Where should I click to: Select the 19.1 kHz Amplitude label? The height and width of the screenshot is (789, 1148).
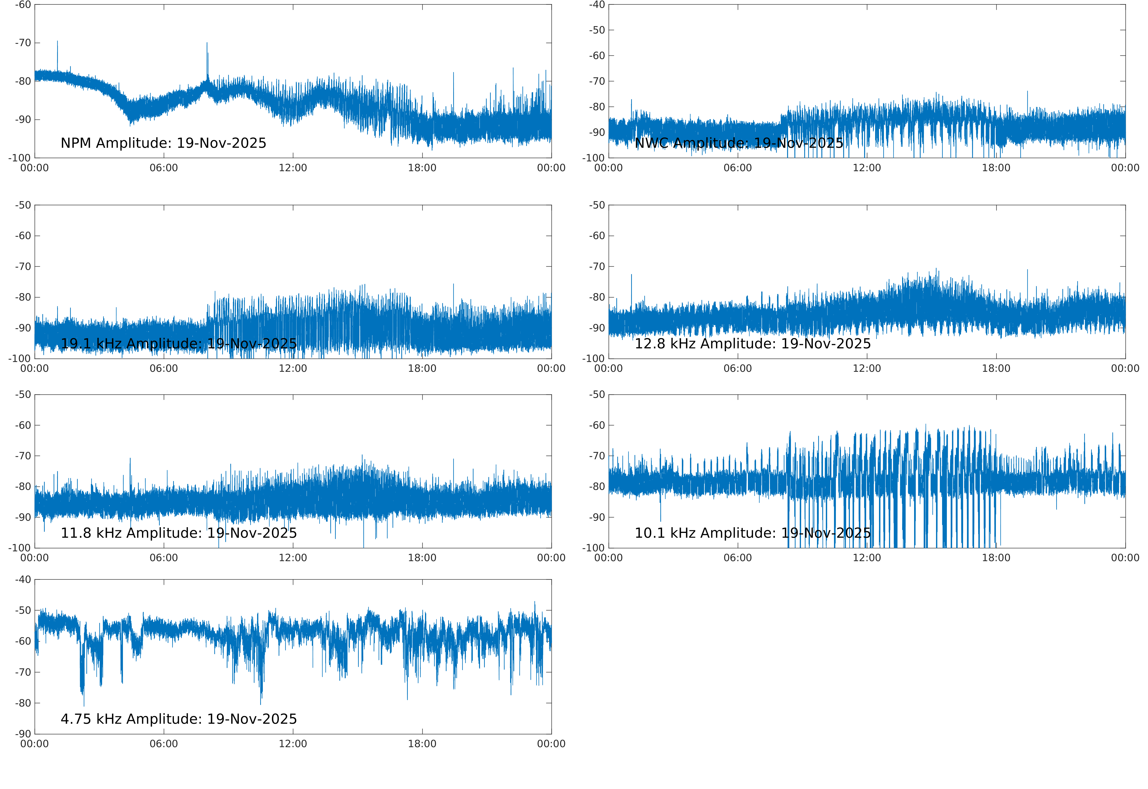tap(178, 344)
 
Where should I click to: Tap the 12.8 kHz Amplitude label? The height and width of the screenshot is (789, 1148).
tap(752, 344)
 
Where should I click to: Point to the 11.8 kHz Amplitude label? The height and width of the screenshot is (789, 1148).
tap(178, 533)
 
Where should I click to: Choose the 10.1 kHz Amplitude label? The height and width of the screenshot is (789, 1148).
tap(752, 533)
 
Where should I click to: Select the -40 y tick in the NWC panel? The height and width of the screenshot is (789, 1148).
tap(597, 5)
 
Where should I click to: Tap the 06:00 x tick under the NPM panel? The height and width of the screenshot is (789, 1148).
tap(164, 168)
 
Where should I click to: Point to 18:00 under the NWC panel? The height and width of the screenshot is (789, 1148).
tap(996, 168)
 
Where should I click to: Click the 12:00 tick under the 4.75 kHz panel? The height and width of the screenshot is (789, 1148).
tap(293, 744)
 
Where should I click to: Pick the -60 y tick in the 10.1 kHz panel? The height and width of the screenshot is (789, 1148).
tap(597, 425)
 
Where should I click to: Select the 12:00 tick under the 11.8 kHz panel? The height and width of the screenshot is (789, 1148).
tap(293, 558)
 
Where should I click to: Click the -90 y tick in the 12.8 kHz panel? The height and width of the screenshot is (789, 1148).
tap(597, 328)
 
